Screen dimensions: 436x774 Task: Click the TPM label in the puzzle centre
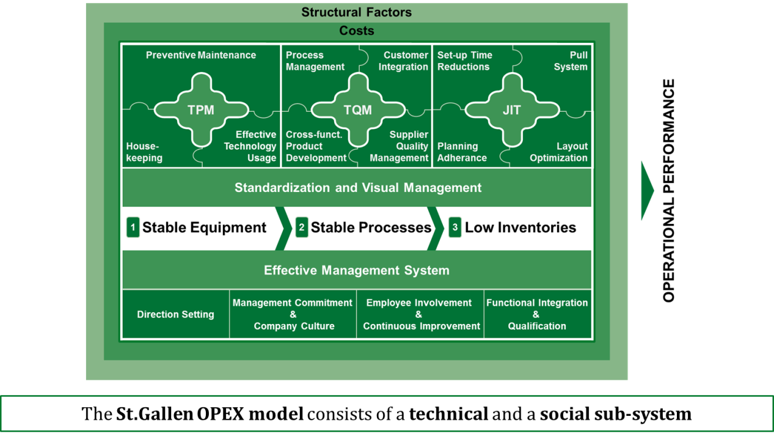pos(201,110)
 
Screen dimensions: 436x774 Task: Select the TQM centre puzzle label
pos(357,110)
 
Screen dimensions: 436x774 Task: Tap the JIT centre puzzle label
pos(511,110)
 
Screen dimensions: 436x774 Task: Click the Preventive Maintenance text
pos(201,55)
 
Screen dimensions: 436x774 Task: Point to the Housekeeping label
pos(144,152)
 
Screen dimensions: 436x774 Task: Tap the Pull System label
pos(571,61)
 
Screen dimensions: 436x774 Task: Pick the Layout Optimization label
pos(558,152)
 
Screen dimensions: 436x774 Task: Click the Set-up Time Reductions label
pos(464,61)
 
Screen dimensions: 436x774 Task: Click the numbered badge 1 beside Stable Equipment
pos(133,228)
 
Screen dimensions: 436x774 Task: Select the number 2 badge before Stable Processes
pos(302,228)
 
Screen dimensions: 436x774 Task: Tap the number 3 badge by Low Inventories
pos(455,228)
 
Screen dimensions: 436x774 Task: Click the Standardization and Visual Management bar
pos(357,188)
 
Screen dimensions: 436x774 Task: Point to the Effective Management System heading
pos(357,270)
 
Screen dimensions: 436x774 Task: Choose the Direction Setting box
pos(175,314)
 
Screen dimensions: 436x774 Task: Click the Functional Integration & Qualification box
pos(537,314)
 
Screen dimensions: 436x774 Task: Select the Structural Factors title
pos(357,12)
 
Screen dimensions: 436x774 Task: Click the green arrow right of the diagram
pos(646,190)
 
